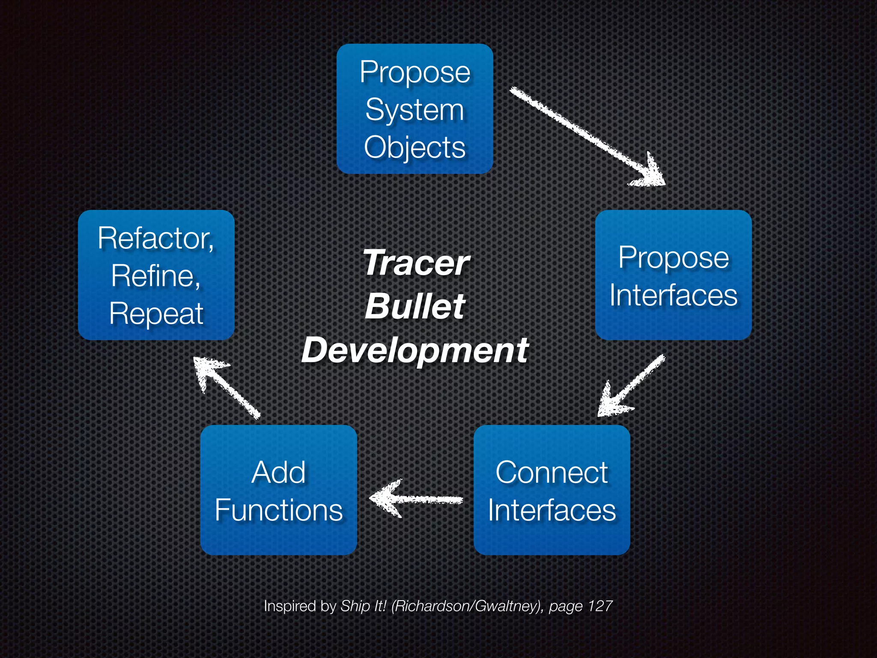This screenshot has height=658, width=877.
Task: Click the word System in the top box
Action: click(415, 110)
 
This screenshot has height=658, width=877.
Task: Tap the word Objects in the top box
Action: click(415, 148)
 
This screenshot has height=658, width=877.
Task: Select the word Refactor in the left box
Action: click(155, 238)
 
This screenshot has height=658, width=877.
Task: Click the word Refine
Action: click(155, 276)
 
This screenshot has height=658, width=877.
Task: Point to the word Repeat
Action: click(156, 314)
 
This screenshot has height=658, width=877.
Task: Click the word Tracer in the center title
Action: click(415, 263)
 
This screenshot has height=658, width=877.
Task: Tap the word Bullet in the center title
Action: click(415, 306)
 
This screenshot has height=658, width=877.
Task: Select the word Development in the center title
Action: click(415, 350)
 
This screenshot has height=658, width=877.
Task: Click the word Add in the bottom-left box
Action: click(278, 473)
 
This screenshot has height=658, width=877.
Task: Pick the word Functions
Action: click(278, 510)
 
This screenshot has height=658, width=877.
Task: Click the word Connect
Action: click(552, 473)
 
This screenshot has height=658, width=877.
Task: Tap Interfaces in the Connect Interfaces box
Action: click(552, 510)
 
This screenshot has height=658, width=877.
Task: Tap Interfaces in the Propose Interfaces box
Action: click(673, 295)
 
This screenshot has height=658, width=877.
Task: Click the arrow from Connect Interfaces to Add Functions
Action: click(415, 499)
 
